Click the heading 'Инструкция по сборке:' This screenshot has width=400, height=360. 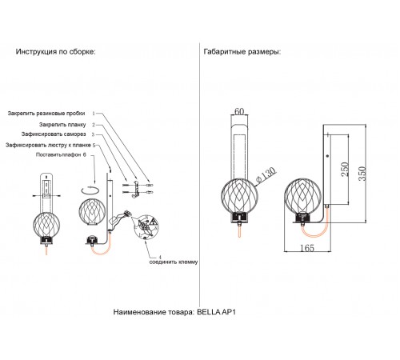(55, 52)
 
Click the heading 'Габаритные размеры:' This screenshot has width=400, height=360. (242, 52)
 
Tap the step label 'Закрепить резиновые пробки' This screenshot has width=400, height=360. (46, 114)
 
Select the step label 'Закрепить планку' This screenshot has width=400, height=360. (62, 125)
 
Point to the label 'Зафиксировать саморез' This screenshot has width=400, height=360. (54, 134)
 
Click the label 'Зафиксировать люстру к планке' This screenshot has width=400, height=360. (48, 146)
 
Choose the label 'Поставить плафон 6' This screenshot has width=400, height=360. (61, 154)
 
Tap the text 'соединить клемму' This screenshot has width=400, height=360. (174, 262)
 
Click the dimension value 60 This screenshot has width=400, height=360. (239, 111)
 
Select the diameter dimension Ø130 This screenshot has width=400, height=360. (266, 176)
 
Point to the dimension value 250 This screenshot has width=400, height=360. (345, 169)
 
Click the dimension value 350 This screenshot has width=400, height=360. (362, 174)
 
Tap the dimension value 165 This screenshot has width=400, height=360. (307, 248)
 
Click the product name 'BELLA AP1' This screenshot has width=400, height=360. (216, 312)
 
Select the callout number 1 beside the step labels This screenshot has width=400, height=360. (94, 114)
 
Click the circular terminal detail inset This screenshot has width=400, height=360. (146, 226)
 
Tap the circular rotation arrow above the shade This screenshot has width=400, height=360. (90, 190)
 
